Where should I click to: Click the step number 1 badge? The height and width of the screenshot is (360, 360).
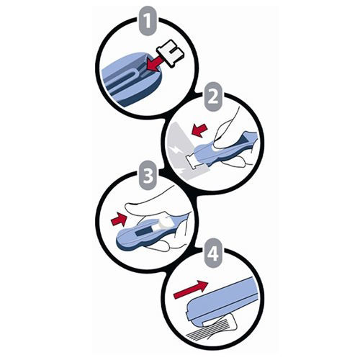tap(148, 22)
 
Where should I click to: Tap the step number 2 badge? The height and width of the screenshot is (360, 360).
tap(213, 96)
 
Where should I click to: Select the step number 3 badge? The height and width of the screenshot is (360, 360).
tap(148, 175)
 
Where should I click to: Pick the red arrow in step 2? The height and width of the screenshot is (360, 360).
tap(199, 131)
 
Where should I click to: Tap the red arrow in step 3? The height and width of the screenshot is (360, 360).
tap(119, 219)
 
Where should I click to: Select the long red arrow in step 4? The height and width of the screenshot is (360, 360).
tap(191, 289)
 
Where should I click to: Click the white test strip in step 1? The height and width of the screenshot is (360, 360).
tap(171, 54)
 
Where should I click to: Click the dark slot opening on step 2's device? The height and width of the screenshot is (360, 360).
tap(246, 138)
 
